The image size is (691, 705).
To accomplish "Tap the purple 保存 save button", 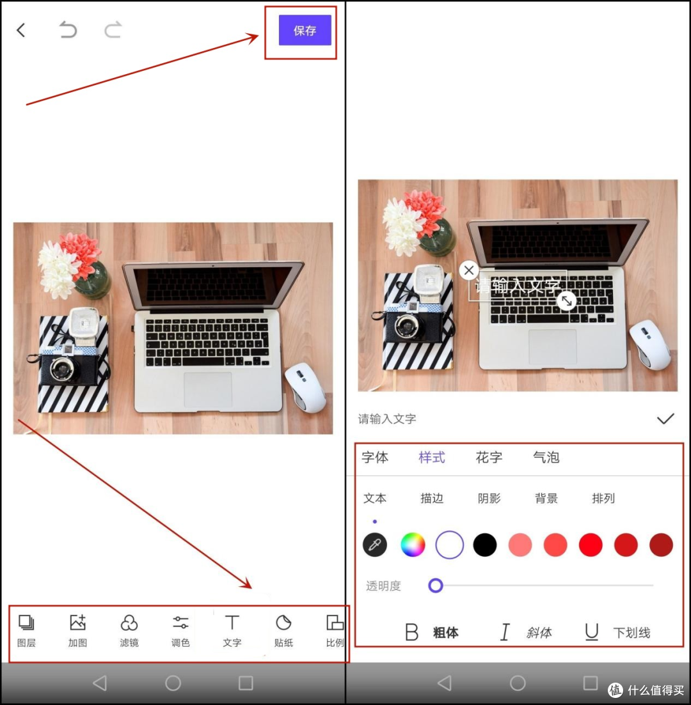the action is (x=305, y=30).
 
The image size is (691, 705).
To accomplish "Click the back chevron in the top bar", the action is (x=20, y=30).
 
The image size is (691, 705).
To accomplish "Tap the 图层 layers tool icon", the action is (x=26, y=623).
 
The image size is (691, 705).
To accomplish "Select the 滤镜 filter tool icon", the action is (x=129, y=623).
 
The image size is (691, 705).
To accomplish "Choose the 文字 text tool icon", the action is (x=232, y=623).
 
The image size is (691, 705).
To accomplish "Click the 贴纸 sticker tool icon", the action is (x=283, y=623).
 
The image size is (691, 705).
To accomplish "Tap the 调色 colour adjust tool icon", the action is (x=180, y=623).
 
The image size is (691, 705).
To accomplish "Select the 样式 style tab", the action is (x=432, y=457).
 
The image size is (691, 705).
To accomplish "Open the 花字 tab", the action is (x=489, y=457).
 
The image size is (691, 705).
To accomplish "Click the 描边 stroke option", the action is (x=432, y=498).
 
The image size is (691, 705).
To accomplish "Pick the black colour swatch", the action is (x=485, y=545).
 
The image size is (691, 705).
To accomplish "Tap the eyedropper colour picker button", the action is (x=374, y=545).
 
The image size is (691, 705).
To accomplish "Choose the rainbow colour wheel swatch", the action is (x=413, y=545).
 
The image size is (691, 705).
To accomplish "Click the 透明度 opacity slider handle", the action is (x=435, y=585).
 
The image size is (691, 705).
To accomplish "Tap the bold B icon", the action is (x=411, y=632).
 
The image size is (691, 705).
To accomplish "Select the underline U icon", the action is (x=592, y=632).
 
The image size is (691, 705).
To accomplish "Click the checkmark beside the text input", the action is (x=665, y=419).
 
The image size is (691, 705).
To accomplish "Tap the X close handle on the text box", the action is (x=468, y=270).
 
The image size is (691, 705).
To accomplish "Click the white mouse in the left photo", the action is (x=305, y=387).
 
